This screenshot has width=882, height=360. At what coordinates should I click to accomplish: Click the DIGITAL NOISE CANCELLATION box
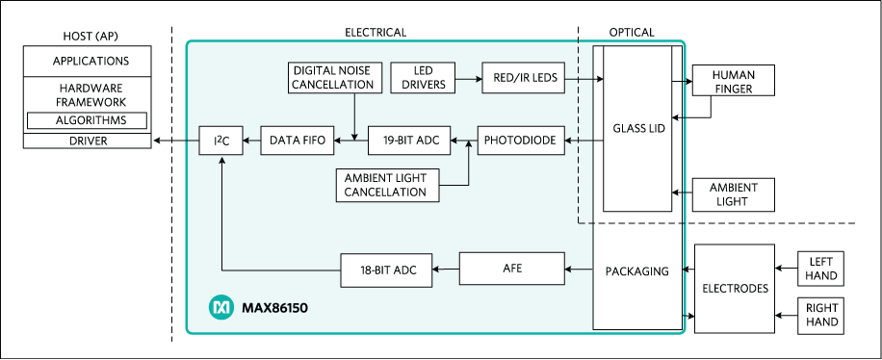click(x=331, y=77)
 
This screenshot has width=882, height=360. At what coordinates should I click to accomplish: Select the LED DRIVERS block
click(x=416, y=77)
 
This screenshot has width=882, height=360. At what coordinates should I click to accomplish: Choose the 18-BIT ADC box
click(x=386, y=269)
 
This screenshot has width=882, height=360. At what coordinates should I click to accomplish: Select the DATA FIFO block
click(x=298, y=141)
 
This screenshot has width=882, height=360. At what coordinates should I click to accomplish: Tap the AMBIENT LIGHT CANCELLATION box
click(x=386, y=184)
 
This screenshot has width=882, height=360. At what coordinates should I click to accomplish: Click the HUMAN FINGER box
click(x=734, y=82)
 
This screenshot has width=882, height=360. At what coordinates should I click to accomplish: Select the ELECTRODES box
click(x=734, y=288)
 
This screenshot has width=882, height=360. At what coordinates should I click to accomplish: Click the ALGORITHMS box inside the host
click(x=87, y=120)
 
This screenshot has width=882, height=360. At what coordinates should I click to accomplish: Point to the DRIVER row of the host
click(x=87, y=141)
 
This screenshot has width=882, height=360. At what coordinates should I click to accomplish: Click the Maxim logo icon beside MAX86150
click(x=220, y=308)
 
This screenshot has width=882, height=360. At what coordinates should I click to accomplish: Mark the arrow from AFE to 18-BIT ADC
click(x=444, y=269)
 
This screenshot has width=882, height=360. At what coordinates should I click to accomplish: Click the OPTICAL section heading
click(x=631, y=32)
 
